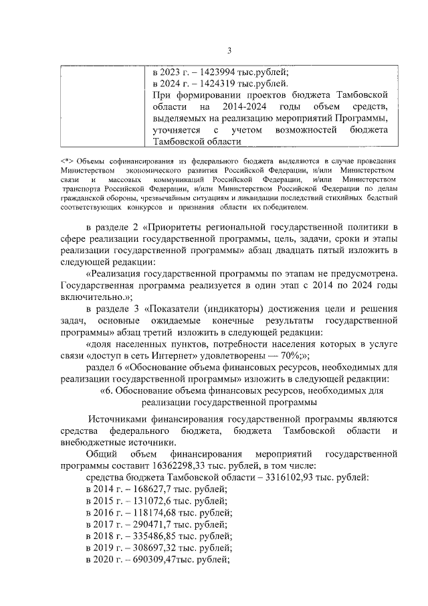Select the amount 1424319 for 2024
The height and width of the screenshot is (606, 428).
(208, 84)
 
